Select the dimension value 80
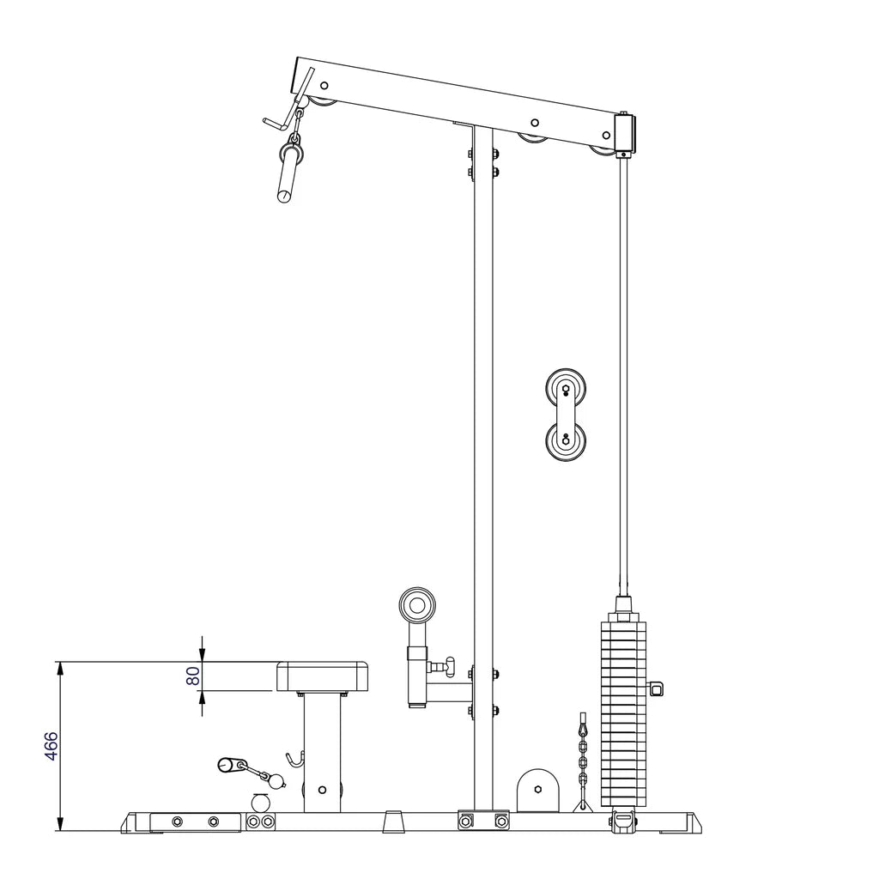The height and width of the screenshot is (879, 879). tap(194, 676)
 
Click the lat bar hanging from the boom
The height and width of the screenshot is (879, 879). tap(287, 172)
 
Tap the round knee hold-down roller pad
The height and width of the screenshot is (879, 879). tap(417, 606)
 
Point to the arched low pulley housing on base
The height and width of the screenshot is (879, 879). tap(537, 790)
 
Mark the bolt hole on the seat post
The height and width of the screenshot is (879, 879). tap(322, 789)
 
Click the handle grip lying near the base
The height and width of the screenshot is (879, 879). tap(232, 763)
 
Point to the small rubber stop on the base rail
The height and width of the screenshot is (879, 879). tap(393, 821)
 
